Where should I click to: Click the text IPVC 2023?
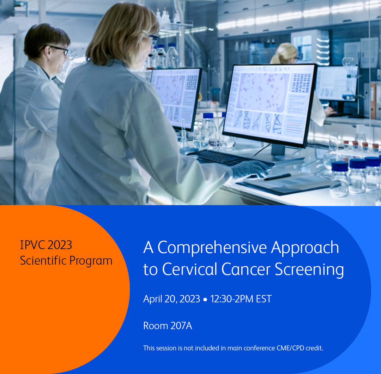pyautogui.click(x=46, y=245)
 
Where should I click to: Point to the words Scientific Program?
pyautogui.click(x=66, y=261)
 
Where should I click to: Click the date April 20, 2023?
pyautogui.click(x=171, y=299)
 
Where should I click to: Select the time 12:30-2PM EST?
pyautogui.click(x=241, y=299)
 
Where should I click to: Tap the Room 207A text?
pyautogui.click(x=168, y=326)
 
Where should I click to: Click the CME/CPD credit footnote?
pyautogui.click(x=233, y=348)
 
